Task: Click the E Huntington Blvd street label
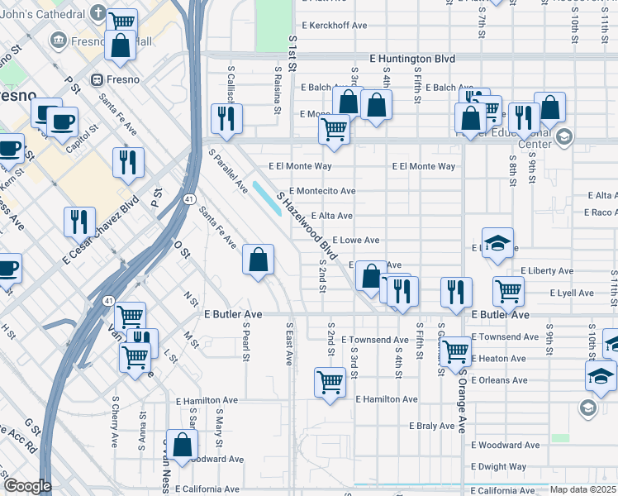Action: pyautogui.click(x=412, y=59)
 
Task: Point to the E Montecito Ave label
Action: pyautogui.click(x=321, y=191)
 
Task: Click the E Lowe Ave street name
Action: pyautogui.click(x=355, y=241)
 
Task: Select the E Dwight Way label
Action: pyautogui.click(x=502, y=467)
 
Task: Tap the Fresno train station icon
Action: pyautogui.click(x=97, y=80)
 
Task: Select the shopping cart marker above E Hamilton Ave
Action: pyautogui.click(x=330, y=382)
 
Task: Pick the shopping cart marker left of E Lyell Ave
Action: pyautogui.click(x=508, y=290)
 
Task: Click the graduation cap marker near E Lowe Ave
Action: pyautogui.click(x=497, y=242)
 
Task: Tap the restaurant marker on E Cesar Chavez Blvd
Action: pyautogui.click(x=79, y=221)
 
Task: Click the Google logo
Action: pyautogui.click(x=26, y=486)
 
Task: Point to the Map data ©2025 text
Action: pyautogui.click(x=582, y=489)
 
